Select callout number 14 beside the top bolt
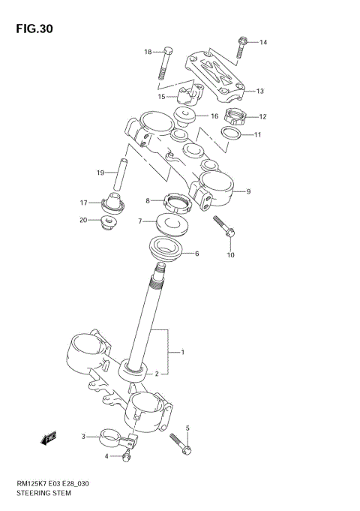click(x=263, y=43)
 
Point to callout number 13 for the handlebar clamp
click(x=260, y=92)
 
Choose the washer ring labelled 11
click(x=232, y=134)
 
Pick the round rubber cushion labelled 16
click(x=184, y=116)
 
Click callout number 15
click(x=161, y=97)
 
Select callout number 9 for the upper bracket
click(x=247, y=191)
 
